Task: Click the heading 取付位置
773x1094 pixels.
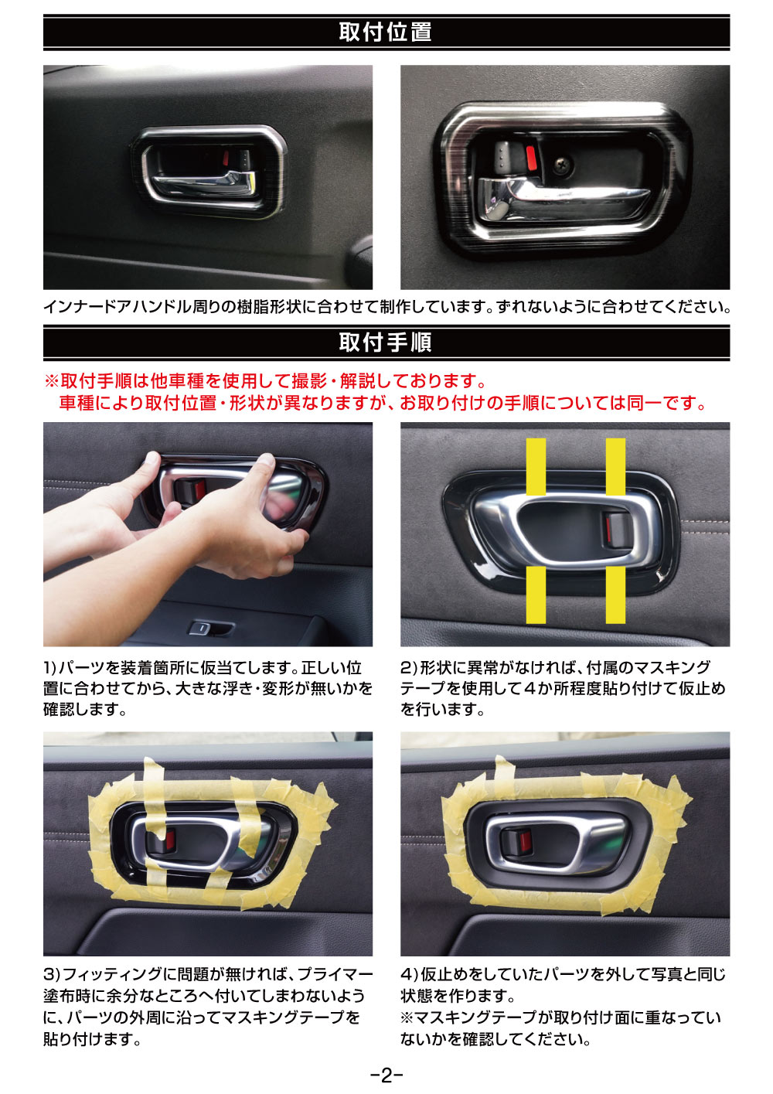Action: coord(385,32)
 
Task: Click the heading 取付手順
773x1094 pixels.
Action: coord(385,343)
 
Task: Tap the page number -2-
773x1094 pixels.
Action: coord(386,1075)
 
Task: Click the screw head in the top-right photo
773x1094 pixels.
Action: coord(562,165)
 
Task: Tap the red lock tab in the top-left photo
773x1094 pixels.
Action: coord(226,157)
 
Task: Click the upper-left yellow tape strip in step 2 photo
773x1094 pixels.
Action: coord(536,467)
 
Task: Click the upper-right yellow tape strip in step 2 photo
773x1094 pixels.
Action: coord(615,467)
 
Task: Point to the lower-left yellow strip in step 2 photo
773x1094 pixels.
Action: coord(536,595)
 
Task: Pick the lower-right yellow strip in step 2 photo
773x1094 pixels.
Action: coord(615,595)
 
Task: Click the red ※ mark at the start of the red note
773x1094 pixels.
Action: coord(52,381)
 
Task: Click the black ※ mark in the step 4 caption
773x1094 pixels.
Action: coord(407,1017)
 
